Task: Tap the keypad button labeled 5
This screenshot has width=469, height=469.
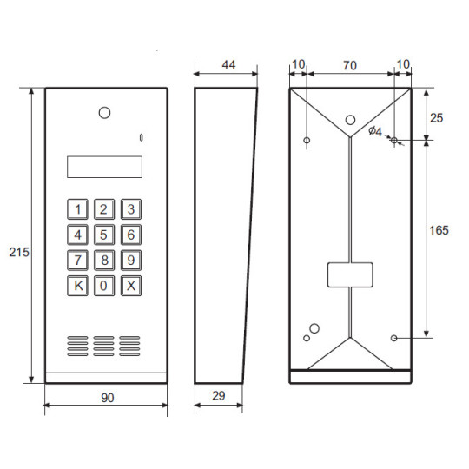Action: tap(104, 234)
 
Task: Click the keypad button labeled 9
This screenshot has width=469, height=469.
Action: tap(130, 259)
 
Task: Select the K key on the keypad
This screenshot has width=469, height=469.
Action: tap(78, 285)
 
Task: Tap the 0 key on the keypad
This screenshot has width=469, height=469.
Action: tap(104, 285)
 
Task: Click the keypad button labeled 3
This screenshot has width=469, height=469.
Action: tap(130, 208)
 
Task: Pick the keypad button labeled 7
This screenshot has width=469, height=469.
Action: tap(78, 259)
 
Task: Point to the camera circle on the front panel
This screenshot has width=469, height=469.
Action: tap(105, 113)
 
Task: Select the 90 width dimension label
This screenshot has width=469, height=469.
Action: tap(107, 397)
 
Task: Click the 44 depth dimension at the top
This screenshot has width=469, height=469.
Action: tap(228, 65)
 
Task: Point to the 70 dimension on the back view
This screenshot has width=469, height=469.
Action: tap(351, 65)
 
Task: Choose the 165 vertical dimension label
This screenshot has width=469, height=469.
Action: tap(440, 230)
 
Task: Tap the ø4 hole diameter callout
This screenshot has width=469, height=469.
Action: tap(375, 131)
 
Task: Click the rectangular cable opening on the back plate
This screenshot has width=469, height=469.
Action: tap(351, 274)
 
